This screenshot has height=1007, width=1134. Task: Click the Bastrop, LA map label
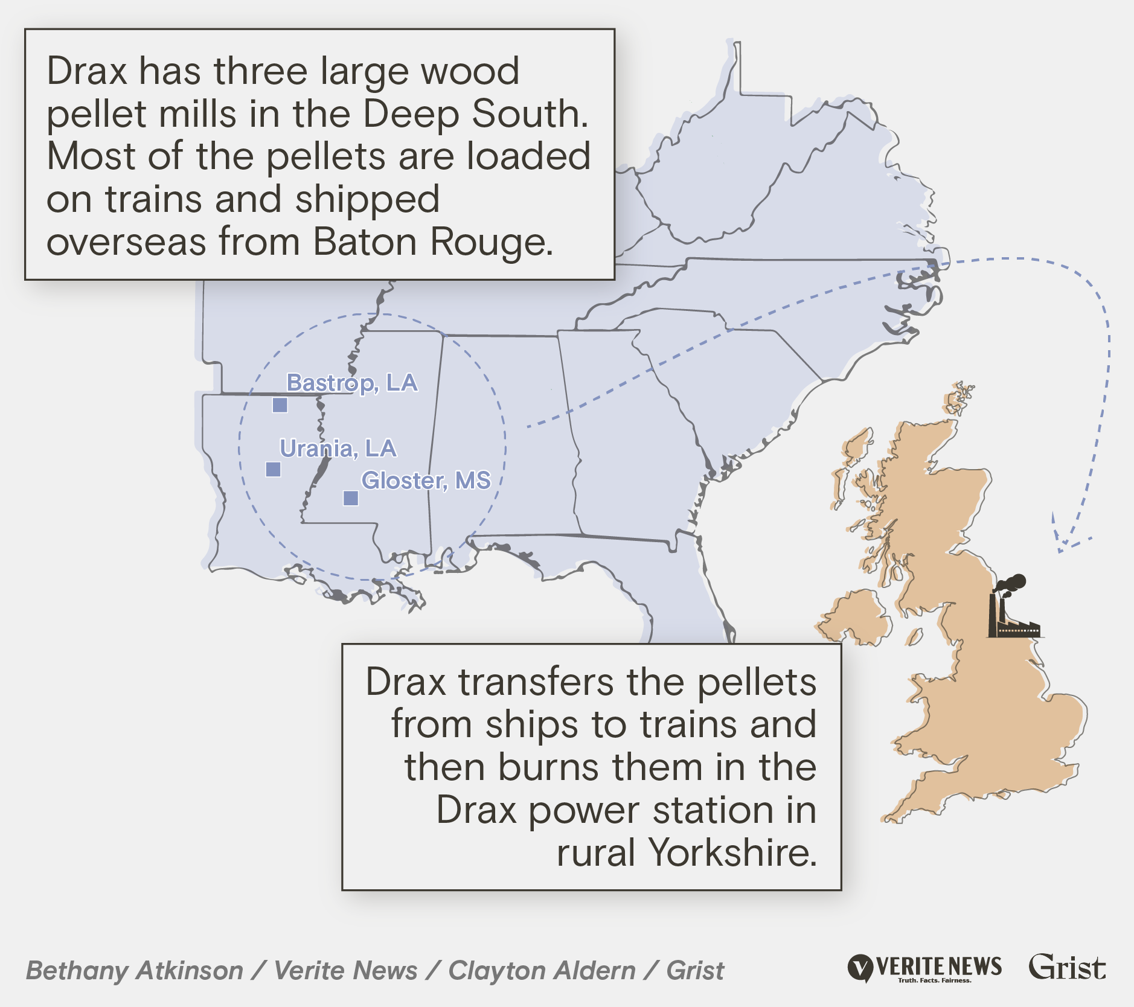(352, 383)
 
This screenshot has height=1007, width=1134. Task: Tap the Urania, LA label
(338, 449)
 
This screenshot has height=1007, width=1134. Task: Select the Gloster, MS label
(426, 481)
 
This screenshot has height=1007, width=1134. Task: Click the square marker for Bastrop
(280, 405)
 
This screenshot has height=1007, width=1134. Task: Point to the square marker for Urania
(273, 469)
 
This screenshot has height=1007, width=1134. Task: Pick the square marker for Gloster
(351, 498)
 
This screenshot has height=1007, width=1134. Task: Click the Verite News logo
(924, 968)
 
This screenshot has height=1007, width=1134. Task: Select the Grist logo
(1068, 967)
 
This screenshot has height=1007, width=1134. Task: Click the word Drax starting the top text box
(87, 71)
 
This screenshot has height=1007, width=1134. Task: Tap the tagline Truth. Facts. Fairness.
(934, 980)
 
